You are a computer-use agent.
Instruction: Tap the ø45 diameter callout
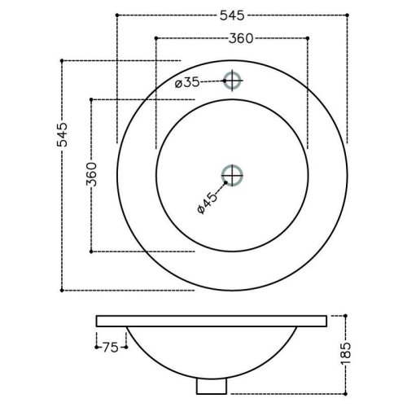click(206, 201)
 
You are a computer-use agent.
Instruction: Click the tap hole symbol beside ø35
click(234, 80)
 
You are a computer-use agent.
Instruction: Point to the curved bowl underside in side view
click(163, 358)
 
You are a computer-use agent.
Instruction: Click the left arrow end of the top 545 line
click(118, 15)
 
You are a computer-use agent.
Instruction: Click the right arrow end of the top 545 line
click(348, 15)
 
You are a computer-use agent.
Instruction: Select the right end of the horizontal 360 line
click(309, 37)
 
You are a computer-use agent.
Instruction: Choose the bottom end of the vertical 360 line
click(91, 252)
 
